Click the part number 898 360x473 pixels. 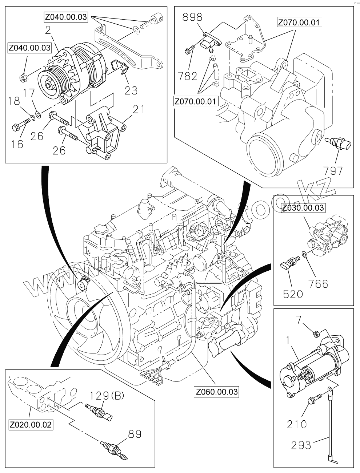click(x=192, y=17)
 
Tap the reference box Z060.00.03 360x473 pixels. click(x=217, y=392)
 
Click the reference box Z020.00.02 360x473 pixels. click(x=31, y=424)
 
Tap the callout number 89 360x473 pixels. click(x=135, y=434)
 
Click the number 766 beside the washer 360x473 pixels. click(x=319, y=284)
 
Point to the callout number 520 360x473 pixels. click(x=293, y=294)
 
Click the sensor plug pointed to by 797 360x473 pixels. click(x=339, y=144)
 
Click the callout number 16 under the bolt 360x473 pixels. click(x=17, y=144)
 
